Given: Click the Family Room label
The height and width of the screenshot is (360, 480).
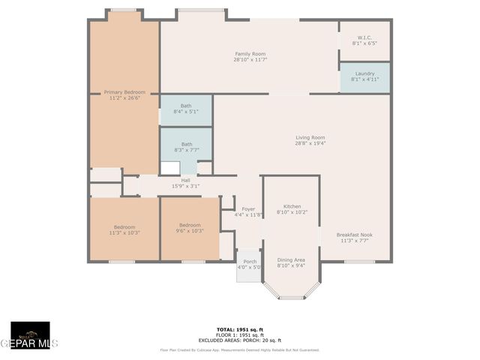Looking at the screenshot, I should point(250,56).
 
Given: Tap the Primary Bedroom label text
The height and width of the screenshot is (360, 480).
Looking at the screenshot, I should point(124,94).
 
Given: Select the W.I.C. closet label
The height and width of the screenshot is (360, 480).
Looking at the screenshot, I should point(364,40).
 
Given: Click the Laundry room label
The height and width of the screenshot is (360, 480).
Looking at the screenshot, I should point(364,76).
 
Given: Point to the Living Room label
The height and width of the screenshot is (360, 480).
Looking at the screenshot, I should point(310,140).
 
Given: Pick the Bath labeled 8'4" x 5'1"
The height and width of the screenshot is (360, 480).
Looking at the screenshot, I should point(186,109).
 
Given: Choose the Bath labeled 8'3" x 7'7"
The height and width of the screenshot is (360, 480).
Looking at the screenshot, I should point(186,146).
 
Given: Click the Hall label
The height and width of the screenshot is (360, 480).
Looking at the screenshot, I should point(185,183).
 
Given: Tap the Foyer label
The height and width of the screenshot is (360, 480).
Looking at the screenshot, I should point(248,212).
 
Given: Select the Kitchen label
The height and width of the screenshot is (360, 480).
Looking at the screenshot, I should point(292,209).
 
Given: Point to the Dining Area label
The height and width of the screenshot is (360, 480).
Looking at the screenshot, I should point(291,262).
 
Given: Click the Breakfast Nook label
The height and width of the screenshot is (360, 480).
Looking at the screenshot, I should point(355,238).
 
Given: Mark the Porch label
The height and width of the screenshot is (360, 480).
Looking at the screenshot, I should point(249,265).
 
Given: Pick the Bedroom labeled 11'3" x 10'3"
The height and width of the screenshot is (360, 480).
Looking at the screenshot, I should point(124,229).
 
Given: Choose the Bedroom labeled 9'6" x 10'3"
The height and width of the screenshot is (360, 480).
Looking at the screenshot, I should point(189,228).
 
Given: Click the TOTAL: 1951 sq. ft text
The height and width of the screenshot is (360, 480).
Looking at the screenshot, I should point(239,329).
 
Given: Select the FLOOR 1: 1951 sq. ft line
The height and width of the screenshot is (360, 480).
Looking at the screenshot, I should point(239,334).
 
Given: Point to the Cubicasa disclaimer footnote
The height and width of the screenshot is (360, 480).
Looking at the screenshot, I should point(239,349).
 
